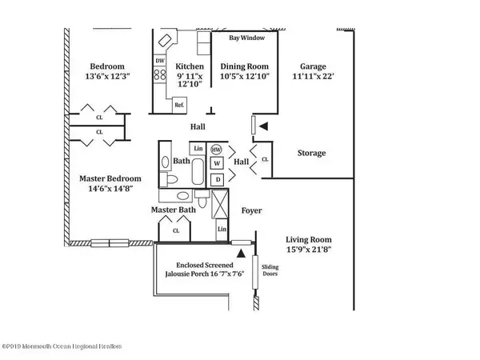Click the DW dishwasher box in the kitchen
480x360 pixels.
coord(159,61)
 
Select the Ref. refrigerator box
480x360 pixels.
coord(178,104)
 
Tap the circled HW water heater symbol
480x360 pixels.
coord(216,150)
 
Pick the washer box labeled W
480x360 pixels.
coord(216,165)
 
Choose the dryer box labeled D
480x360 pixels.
coord(216,180)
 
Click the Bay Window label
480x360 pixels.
coord(245,38)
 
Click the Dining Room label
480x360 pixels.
coord(241,67)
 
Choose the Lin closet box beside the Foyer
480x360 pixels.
coord(222,230)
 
